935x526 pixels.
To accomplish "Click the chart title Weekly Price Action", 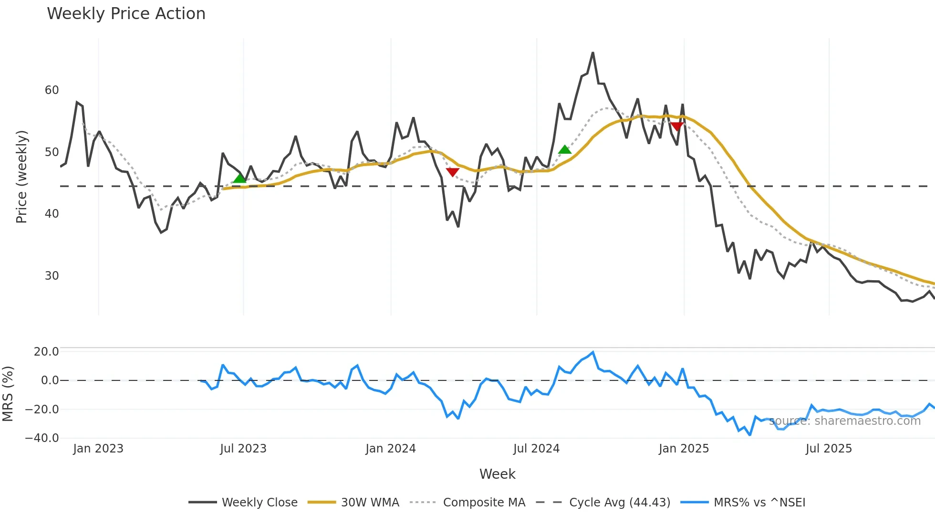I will pos(126,14).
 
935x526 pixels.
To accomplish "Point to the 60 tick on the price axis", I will pos(52,90).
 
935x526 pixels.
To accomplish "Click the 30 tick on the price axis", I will pos(52,276).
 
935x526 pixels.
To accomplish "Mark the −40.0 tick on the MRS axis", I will pos(42,438).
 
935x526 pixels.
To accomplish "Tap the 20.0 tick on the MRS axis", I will pos(46,352).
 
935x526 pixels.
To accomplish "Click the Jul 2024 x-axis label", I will pos(536,449).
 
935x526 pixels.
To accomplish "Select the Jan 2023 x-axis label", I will pos(98,449).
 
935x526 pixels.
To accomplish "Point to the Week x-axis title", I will pos(497,474).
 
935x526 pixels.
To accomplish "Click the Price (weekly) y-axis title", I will pos(21,177).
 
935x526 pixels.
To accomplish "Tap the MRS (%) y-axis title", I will pos(8,394).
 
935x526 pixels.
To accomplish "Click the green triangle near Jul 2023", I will pos(239,179).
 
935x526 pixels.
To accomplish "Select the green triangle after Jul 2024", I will pos(564,150).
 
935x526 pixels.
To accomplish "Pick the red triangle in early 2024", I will pos(452,172).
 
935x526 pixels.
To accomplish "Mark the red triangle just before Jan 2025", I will pos(676,126).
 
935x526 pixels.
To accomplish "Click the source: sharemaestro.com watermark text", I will pos(844,421).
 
